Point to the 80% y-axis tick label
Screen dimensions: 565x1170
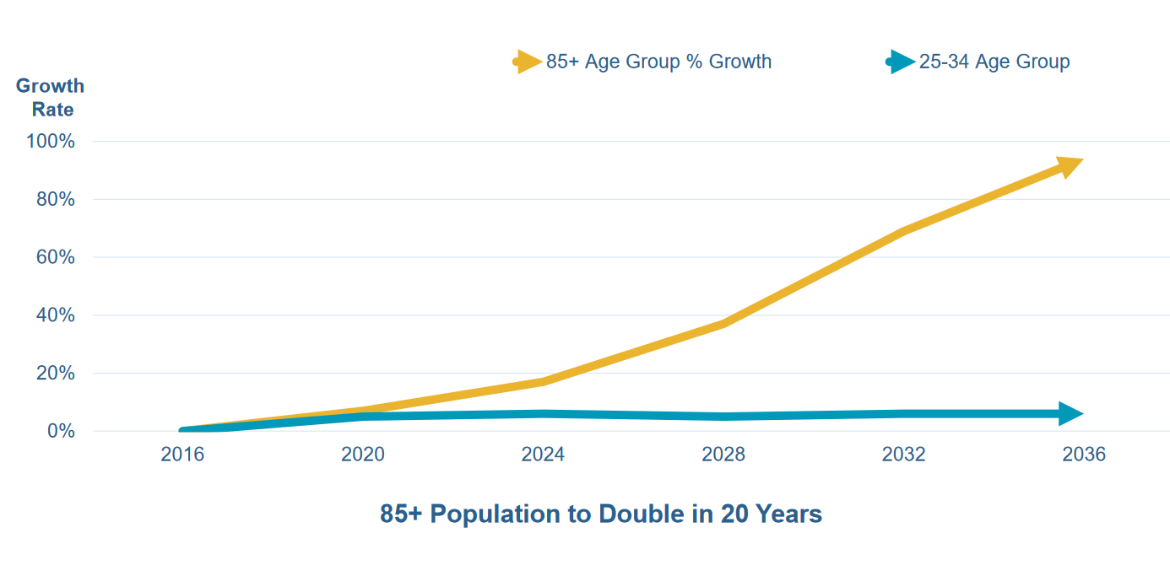click(55, 200)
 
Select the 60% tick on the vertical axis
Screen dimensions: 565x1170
click(55, 257)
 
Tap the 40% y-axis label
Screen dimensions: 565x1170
click(55, 315)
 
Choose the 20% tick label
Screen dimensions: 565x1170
click(55, 374)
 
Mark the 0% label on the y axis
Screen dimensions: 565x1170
click(59, 431)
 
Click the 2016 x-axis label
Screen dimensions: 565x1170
click(182, 455)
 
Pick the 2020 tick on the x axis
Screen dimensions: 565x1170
click(363, 455)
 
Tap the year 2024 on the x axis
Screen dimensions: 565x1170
click(543, 455)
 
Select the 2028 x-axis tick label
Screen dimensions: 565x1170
click(723, 455)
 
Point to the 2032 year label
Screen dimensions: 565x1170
click(903, 455)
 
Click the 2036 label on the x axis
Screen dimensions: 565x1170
click(1084, 455)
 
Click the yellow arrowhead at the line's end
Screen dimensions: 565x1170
click(1069, 166)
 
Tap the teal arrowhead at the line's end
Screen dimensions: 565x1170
click(1070, 414)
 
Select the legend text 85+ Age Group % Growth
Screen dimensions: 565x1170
click(658, 62)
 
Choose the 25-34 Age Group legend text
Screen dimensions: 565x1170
click(994, 62)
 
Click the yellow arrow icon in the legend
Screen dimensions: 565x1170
click(528, 62)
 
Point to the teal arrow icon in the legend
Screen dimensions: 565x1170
click(901, 62)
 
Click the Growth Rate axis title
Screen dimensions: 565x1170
click(51, 98)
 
